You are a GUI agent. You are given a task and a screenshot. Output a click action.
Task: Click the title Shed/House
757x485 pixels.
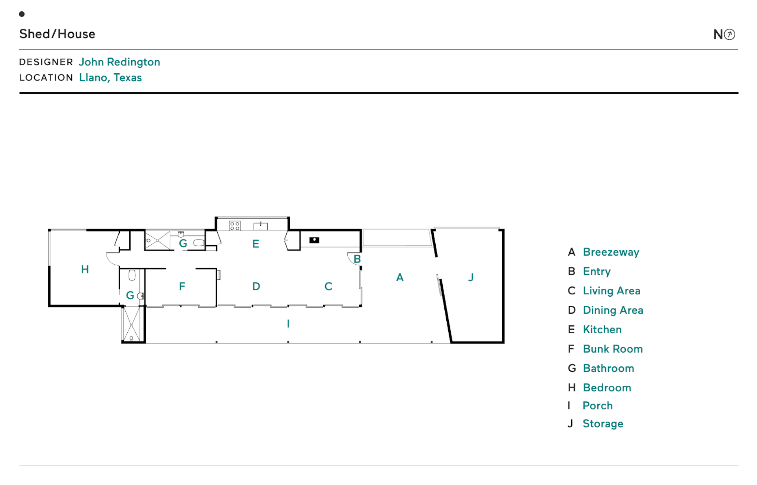[x=57, y=34]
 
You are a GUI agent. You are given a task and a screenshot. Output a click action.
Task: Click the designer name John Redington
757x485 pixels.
[x=119, y=62]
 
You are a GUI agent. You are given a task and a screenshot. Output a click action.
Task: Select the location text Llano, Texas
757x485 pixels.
[x=110, y=78]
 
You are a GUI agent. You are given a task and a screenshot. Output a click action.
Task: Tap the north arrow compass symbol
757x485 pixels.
[x=729, y=35]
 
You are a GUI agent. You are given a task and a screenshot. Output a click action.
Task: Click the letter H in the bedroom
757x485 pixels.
[x=85, y=269]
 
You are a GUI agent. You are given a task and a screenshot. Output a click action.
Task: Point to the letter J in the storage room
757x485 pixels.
[x=470, y=278]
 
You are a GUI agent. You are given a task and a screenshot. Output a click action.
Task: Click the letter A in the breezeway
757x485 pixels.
[x=400, y=278]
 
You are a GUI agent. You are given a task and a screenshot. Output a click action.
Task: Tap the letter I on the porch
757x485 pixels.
[x=288, y=324]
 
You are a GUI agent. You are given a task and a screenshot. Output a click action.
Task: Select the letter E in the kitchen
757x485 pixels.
[x=255, y=244]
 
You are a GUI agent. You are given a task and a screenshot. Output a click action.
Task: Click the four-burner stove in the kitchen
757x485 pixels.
[x=235, y=226]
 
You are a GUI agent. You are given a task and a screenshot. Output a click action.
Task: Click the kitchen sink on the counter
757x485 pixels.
[x=260, y=226]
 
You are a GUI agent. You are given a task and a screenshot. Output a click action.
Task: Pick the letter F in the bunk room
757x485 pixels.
[x=182, y=286]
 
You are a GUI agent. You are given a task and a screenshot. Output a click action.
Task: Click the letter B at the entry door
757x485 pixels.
[x=357, y=259]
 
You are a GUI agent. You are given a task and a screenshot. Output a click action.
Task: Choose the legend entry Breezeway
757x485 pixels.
[x=611, y=252]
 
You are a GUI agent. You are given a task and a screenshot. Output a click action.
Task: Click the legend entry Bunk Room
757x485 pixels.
[x=612, y=349]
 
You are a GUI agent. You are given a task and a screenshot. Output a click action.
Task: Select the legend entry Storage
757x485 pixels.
[x=602, y=424]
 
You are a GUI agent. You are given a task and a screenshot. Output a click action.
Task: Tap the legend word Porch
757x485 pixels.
[x=597, y=406]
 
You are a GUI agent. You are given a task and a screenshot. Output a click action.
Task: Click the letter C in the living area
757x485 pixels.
[x=328, y=286]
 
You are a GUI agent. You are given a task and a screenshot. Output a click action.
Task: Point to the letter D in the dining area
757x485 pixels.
[x=256, y=286]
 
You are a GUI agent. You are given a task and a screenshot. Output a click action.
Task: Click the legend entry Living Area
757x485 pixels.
[x=611, y=291]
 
